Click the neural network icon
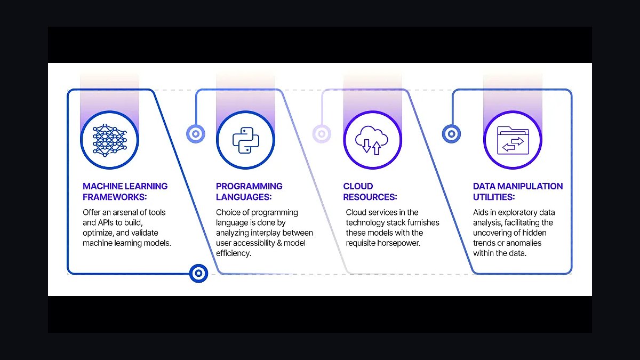(110, 140)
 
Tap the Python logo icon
(246, 140)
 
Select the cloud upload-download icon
(372, 140)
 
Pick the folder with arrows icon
(513, 140)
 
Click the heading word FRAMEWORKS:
(115, 197)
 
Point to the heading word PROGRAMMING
(249, 186)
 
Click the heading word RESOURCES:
(370, 197)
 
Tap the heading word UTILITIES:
(494, 197)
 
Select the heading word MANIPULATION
(530, 186)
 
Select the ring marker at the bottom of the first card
(198, 274)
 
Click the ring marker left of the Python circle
(196, 134)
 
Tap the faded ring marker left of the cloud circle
(322, 134)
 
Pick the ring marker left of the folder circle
(451, 134)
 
